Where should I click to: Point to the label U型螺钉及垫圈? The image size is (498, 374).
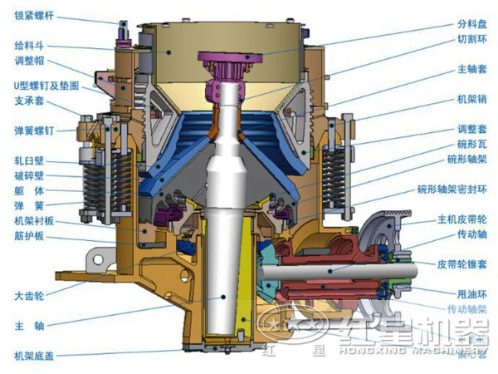pyautogui.click(x=42, y=86)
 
